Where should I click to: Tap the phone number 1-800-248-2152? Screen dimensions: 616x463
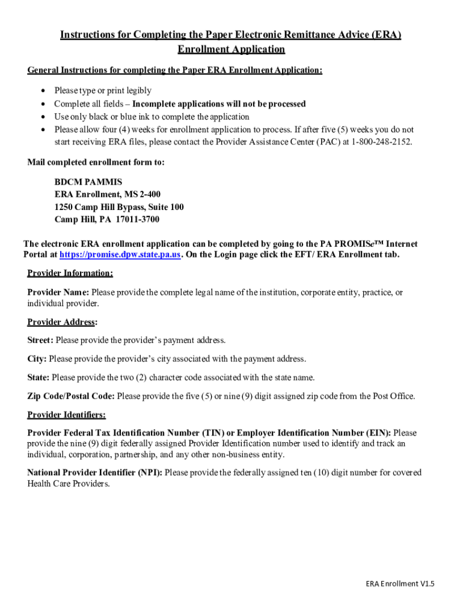[382, 142]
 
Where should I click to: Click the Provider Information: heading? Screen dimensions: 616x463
[70, 273]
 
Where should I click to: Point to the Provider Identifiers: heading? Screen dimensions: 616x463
[67, 414]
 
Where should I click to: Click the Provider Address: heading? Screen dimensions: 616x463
[63, 322]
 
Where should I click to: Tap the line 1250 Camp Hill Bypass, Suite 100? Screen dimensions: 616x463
[119, 207]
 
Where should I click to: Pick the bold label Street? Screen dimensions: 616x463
[40, 340]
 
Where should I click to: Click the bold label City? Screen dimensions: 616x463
[37, 359]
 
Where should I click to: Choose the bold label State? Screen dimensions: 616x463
[39, 378]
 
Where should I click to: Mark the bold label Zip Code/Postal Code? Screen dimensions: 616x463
[71, 396]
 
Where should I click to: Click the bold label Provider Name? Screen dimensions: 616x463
[58, 292]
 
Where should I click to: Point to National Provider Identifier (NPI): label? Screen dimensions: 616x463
[94, 473]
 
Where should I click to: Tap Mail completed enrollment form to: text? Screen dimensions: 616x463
[96, 162]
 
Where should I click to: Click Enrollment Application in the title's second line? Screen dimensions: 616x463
[231, 49]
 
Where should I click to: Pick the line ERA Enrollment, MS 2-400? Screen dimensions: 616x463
[108, 194]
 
